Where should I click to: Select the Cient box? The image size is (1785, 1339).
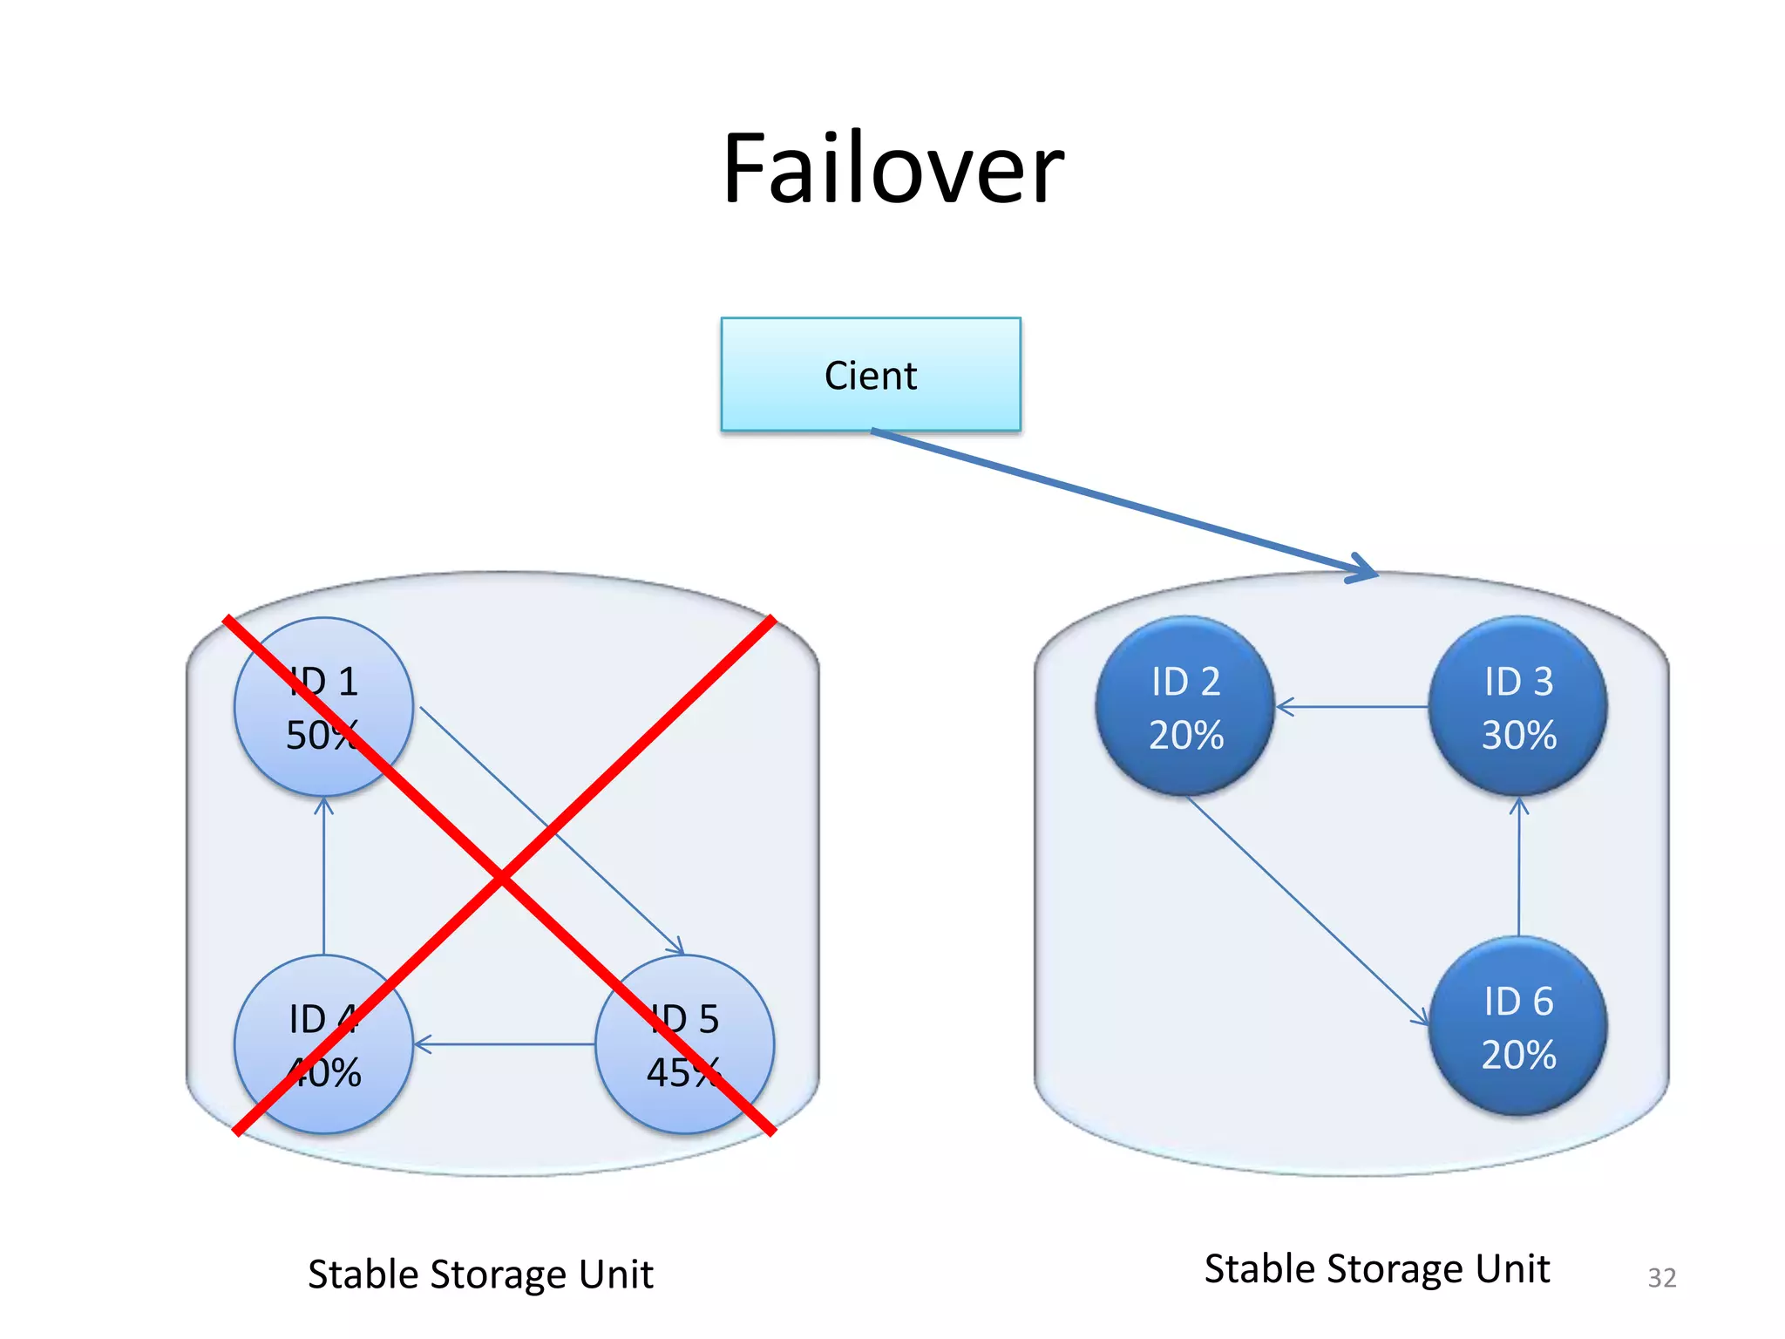(x=870, y=375)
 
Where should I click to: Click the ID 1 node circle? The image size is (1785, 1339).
(x=323, y=706)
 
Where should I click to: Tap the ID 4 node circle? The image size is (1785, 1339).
(x=323, y=1044)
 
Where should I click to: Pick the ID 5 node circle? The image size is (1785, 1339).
(x=685, y=1044)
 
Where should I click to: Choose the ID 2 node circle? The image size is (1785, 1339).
(x=1185, y=706)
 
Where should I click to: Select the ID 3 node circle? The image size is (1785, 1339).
(x=1518, y=706)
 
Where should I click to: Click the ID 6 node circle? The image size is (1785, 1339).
(x=1518, y=1026)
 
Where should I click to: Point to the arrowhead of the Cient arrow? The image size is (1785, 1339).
(x=1368, y=571)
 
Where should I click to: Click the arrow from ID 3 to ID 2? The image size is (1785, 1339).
(x=1351, y=707)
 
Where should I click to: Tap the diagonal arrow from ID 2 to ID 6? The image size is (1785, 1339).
(x=1307, y=910)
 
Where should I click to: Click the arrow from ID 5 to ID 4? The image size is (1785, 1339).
(x=506, y=1044)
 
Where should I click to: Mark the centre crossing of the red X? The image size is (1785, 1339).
(x=502, y=877)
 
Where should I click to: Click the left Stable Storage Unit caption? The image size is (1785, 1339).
(x=480, y=1274)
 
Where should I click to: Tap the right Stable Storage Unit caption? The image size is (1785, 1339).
(x=1376, y=1269)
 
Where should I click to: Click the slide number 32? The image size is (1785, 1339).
(x=1661, y=1278)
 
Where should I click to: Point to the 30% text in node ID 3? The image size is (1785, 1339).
(x=1518, y=735)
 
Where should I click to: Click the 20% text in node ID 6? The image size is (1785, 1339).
(x=1518, y=1055)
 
